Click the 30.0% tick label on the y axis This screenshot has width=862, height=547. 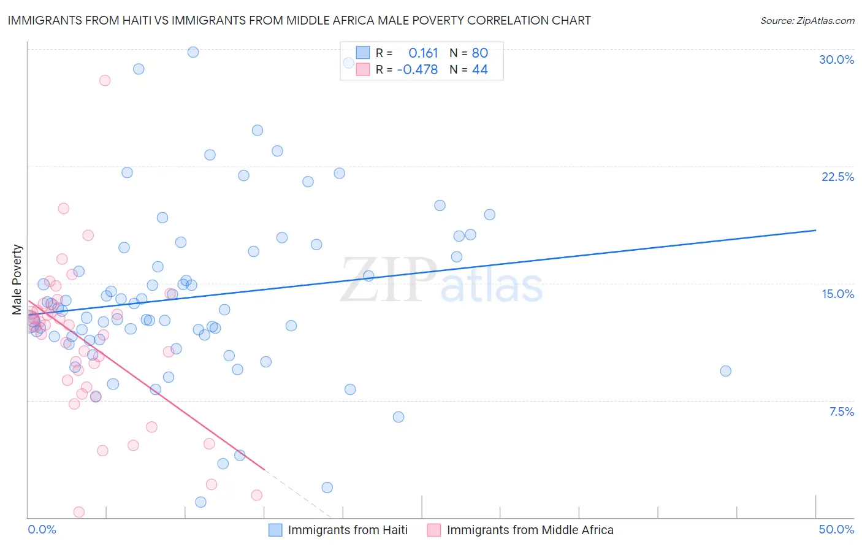pos(836,59)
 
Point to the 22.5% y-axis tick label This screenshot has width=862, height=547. pos(837,177)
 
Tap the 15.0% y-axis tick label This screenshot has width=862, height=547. pos(837,294)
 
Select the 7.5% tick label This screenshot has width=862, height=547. pos(841,411)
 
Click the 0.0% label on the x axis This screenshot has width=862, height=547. pos(42,529)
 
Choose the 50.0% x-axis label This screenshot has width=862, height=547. pos(836,529)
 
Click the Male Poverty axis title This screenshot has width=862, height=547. pos(17,280)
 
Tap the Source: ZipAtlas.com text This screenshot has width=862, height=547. pos(807,20)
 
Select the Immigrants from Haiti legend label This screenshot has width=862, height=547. pos(348,530)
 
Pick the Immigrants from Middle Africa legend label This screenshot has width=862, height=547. pos(530,530)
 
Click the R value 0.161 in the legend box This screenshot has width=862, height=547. pos(423,53)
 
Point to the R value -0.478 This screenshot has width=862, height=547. pos(418,69)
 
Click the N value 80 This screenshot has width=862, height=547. pos(479,53)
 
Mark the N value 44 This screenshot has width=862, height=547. pos(479,69)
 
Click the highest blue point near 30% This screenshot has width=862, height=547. pos(193,52)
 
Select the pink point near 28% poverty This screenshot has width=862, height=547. pos(105,80)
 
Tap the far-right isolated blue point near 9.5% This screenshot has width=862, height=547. pos(725,371)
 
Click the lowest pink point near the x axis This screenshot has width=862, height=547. pos(79,512)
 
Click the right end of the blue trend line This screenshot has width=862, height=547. pos(815,230)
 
